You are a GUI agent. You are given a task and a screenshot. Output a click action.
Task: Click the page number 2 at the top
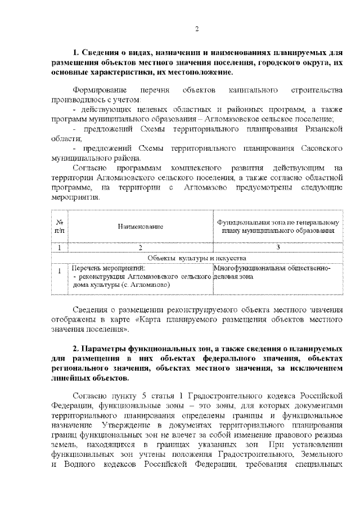(196, 29)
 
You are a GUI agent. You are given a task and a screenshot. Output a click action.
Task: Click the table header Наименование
(140, 226)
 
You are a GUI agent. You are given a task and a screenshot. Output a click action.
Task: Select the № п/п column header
(60, 226)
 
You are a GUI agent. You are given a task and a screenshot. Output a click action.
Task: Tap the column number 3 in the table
(278, 247)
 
